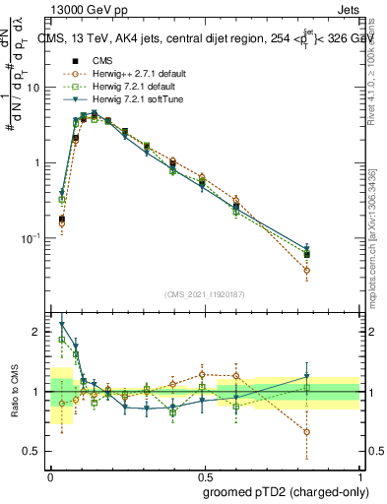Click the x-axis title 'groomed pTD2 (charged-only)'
280,490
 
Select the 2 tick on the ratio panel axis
38,332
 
